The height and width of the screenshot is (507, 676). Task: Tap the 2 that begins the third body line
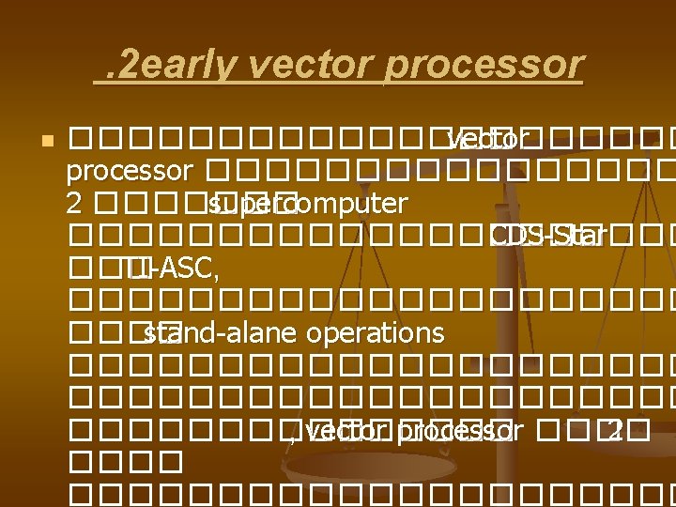coord(73,204)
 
